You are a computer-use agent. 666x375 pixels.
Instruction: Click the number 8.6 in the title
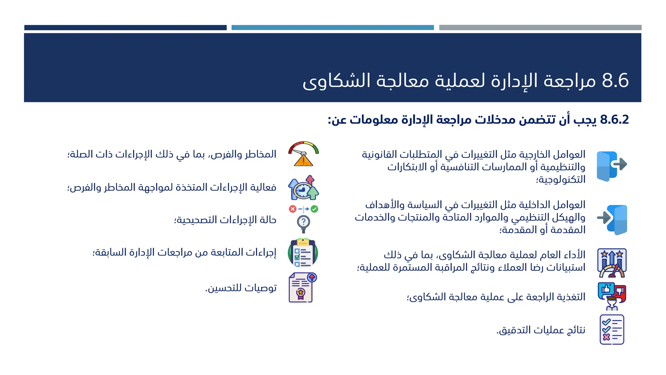coord(615,81)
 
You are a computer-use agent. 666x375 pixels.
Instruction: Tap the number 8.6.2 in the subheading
coord(614,120)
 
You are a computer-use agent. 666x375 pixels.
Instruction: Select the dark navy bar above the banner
coord(125,28)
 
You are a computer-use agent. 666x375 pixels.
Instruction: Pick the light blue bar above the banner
coord(332,28)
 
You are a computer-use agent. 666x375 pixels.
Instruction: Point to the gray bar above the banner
coord(540,28)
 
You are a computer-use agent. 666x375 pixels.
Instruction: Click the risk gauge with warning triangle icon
coord(303,154)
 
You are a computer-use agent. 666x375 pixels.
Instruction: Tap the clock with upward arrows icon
coord(303,188)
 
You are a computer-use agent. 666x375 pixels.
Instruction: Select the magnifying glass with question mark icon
coord(303,219)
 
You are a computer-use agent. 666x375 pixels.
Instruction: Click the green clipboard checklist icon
coord(303,253)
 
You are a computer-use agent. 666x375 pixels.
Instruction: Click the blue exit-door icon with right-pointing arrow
coord(612,166)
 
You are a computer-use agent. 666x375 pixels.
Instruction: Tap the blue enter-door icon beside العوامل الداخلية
coord(612,219)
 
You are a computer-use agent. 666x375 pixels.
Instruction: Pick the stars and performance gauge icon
coord(612,262)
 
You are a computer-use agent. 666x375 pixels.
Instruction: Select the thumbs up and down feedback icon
coord(612,296)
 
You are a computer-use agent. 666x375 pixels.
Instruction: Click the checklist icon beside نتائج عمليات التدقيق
coord(612,329)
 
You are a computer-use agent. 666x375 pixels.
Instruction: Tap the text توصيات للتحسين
coord(241,288)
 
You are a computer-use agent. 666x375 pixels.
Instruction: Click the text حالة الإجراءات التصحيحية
coord(225,220)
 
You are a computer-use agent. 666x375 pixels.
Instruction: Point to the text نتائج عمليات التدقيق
coord(541,330)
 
